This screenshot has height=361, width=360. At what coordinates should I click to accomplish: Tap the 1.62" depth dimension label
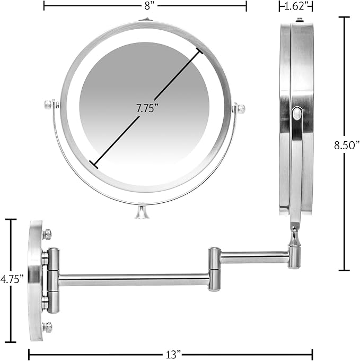[x=296, y=6]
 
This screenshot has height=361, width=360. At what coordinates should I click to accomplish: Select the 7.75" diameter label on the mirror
[x=147, y=108]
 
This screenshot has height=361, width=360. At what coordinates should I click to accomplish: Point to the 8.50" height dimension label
[x=347, y=145]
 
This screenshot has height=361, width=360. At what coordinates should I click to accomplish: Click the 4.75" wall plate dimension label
[x=12, y=279]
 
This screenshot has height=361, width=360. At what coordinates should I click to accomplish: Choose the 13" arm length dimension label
[x=173, y=354]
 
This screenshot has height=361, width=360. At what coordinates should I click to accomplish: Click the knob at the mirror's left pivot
[x=48, y=105]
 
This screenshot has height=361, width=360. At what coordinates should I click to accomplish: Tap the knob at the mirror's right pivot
[x=241, y=108]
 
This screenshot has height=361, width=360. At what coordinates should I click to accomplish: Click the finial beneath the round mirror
[x=142, y=212]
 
